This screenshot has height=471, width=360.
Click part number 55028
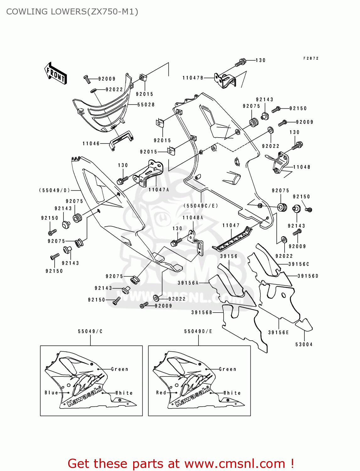pos(146,105)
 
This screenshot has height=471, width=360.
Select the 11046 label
pos(91,143)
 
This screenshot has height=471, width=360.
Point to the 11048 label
pos(302,167)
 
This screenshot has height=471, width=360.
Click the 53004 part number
pos(304,344)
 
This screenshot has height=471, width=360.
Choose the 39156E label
pos(278,333)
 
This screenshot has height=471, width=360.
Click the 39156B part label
pos(202,312)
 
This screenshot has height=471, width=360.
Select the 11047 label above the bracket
pos(231,225)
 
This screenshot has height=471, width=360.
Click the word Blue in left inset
pos(52,392)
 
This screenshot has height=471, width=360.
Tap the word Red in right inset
pos(161,392)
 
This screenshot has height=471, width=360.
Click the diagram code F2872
pos(311,58)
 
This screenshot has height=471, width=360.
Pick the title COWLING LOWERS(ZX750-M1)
pos(72,12)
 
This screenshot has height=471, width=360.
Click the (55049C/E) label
pos(201,206)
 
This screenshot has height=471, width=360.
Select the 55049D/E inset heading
pos(198,331)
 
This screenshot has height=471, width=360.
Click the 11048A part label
pos(193,218)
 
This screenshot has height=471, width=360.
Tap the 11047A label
pos(159,190)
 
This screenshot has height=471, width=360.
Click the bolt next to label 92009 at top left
pos(87,79)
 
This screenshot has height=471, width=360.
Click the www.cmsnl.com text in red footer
pos(235,463)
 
